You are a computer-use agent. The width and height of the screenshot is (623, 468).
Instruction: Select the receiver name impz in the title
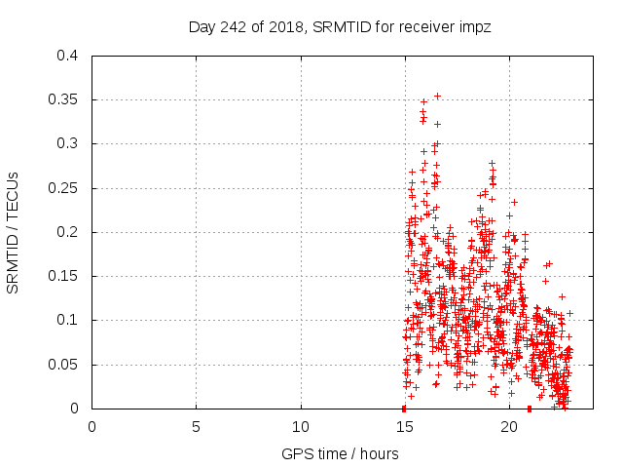[x=474, y=27]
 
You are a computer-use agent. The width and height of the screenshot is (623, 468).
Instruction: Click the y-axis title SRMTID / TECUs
[x=14, y=232]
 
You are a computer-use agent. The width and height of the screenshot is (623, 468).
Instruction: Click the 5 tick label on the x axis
[x=196, y=427]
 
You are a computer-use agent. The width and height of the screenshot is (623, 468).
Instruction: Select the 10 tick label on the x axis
[x=301, y=427]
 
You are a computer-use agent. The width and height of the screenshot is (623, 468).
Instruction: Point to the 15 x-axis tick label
[x=405, y=427]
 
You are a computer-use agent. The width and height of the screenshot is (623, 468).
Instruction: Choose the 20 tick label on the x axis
[x=509, y=427]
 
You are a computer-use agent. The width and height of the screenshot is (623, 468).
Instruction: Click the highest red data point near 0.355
[x=437, y=96]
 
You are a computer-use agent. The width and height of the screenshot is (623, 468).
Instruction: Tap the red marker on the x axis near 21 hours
[x=530, y=408]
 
